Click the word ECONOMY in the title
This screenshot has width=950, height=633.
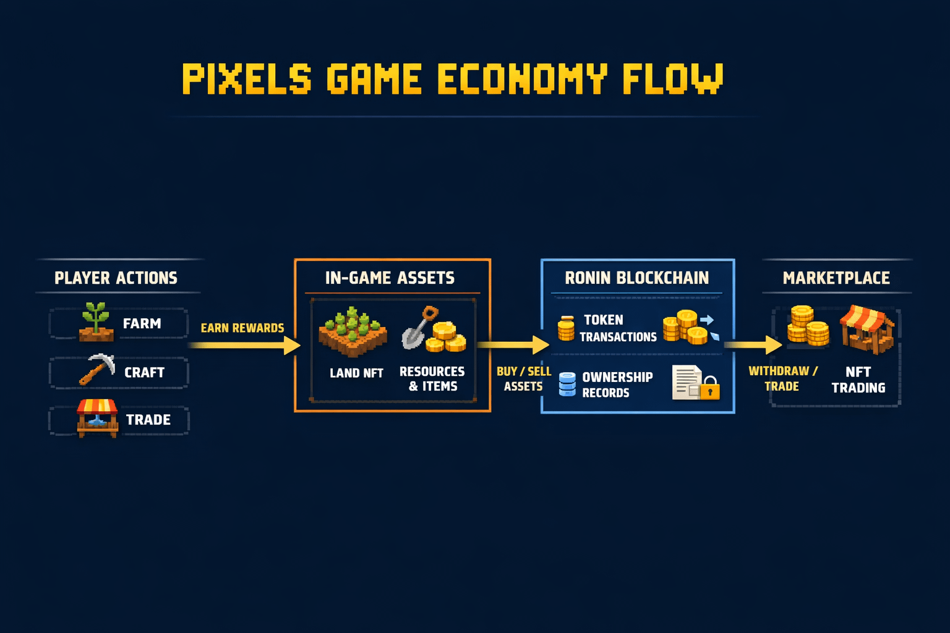pos(521,79)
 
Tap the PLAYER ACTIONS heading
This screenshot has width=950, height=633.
pos(116,278)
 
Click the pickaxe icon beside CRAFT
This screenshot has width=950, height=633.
pos(97,369)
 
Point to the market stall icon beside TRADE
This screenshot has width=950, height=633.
pos(97,418)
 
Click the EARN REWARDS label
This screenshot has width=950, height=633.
pos(242,328)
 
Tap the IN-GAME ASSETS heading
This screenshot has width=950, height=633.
pos(390,278)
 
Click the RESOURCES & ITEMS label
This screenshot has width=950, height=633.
pos(432,379)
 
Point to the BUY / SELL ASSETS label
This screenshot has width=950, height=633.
pos(523,379)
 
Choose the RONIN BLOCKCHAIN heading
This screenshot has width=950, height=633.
pos(636,278)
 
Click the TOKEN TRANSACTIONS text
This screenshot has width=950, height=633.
pos(617,328)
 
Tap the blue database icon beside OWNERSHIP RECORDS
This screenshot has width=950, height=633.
pos(567,384)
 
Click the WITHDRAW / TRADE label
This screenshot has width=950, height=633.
pos(782,379)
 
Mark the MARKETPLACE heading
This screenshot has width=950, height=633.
pos(836,278)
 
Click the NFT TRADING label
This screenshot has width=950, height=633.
pos(858,380)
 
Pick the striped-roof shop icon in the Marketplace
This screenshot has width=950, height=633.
pos(867,329)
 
